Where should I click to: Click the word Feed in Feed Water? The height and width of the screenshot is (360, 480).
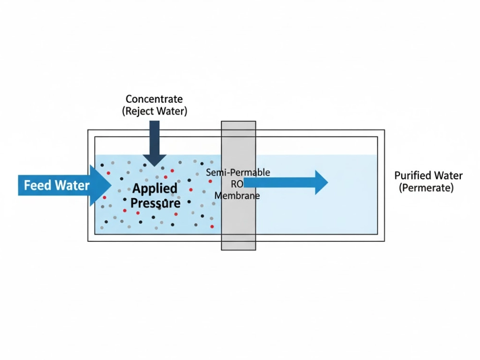tap(36, 185)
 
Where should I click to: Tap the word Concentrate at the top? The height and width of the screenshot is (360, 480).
tap(154, 99)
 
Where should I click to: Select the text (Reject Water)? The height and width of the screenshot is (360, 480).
tap(154, 111)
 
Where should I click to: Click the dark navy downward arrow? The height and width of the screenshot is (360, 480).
tap(154, 139)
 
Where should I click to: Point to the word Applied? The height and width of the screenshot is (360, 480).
tap(155, 188)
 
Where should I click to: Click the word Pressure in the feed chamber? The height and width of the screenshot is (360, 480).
tap(156, 203)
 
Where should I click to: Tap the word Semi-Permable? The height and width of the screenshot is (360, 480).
tap(238, 172)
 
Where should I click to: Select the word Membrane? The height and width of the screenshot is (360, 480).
tap(237, 196)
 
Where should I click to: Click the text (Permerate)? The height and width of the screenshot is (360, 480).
tap(426, 188)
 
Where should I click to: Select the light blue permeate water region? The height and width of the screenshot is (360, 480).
tap(317, 211)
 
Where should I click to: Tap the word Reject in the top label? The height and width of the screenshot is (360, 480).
tap(141, 111)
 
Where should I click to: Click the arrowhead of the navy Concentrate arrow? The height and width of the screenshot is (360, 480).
tap(154, 160)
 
